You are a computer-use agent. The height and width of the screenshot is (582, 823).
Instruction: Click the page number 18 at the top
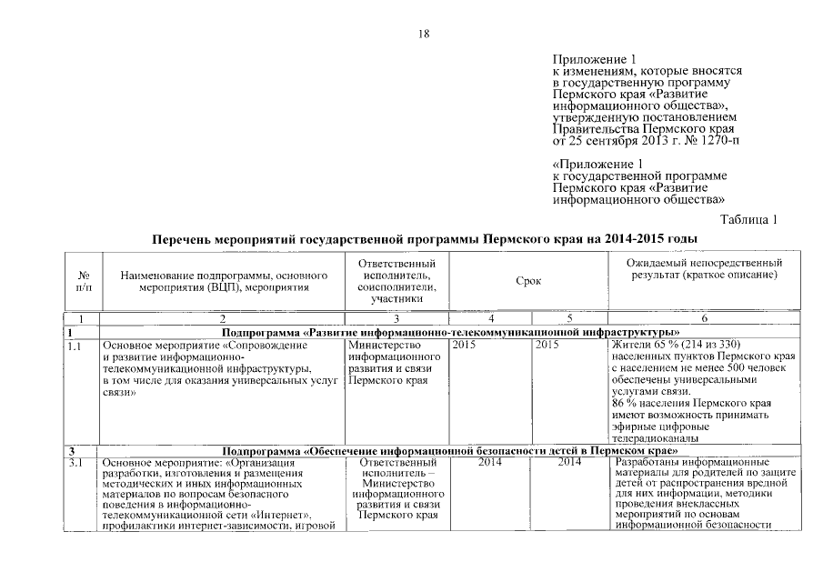pos(422,34)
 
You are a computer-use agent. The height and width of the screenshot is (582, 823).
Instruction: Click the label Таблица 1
pos(748,219)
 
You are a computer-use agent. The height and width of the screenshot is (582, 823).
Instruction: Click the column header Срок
pos(527,281)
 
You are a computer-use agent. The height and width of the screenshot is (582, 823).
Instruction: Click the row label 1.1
pos(75,346)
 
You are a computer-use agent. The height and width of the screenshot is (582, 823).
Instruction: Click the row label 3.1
pos(75,463)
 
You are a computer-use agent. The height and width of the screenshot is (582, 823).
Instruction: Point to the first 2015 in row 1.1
pos(464,346)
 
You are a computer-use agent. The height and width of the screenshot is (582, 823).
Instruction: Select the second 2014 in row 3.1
pos(570,463)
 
